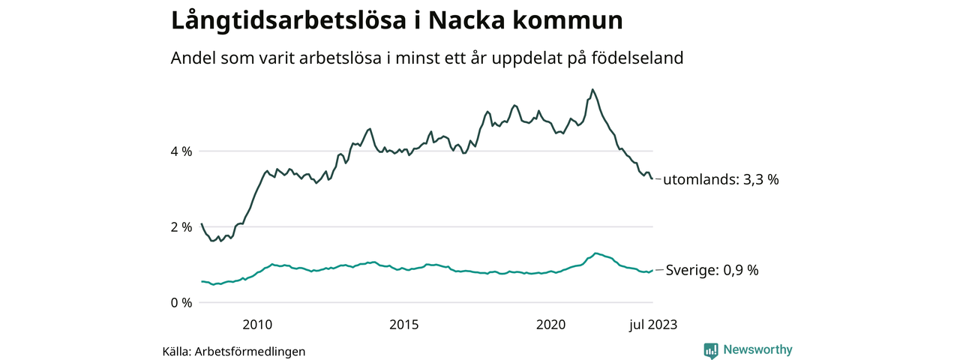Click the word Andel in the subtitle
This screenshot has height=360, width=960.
point(192,58)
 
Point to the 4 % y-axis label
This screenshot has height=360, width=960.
point(181,151)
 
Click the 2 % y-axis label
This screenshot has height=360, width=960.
point(181,227)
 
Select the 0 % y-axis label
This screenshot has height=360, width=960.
point(181,303)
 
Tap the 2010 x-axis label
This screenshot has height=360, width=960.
point(257,325)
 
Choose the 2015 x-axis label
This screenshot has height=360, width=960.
point(404,325)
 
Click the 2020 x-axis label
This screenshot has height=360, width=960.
point(551,325)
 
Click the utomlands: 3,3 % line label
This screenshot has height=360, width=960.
point(721,180)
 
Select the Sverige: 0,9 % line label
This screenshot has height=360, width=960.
point(711,271)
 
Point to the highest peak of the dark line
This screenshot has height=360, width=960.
point(592,89)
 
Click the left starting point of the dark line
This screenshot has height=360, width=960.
point(202,223)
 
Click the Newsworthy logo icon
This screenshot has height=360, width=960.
point(711,350)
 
